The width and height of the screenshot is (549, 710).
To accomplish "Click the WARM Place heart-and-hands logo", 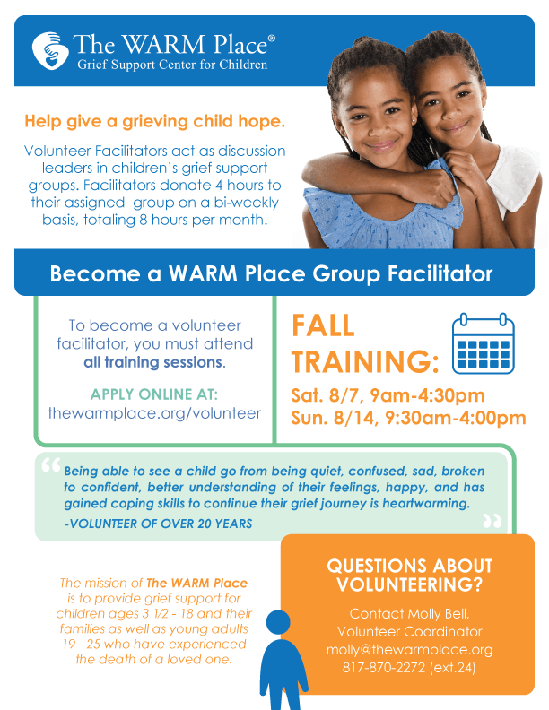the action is (x=50, y=50).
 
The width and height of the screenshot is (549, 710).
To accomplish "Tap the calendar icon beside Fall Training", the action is (x=483, y=343).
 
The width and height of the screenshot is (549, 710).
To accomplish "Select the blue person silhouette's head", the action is (x=278, y=622).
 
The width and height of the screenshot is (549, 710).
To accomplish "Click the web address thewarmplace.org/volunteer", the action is (x=154, y=413).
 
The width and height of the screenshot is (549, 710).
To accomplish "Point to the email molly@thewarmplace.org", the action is (x=409, y=649).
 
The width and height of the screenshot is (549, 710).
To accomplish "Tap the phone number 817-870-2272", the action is (x=384, y=668).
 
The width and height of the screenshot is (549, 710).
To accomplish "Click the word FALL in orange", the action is (x=323, y=325).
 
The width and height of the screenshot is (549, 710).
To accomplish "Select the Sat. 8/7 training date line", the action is (x=388, y=395).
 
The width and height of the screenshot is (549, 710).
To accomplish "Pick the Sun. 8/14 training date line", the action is (x=408, y=418).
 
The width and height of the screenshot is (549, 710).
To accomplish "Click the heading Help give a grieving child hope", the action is (x=155, y=121).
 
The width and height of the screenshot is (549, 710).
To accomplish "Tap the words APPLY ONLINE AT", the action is (x=154, y=394).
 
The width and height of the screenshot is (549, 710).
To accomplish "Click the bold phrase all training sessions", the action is (x=153, y=362).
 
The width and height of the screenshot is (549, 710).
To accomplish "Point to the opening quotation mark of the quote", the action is (x=51, y=465).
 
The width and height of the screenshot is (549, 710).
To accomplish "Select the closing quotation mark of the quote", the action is (x=492, y=521).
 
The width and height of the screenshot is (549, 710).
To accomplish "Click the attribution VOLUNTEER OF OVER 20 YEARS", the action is (x=158, y=524).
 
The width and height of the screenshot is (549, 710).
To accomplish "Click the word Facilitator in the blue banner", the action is (x=440, y=273).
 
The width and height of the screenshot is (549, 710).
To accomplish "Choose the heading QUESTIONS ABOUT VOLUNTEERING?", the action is (x=409, y=575).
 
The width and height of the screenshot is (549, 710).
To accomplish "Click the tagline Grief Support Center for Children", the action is (x=172, y=65).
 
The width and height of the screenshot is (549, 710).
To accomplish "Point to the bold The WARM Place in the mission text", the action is (x=197, y=583).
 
